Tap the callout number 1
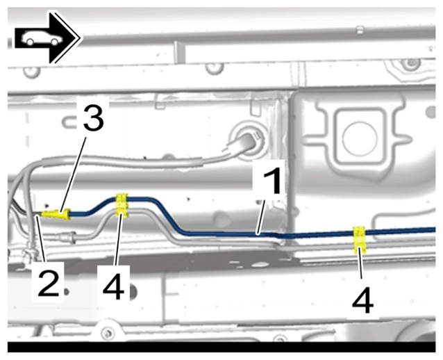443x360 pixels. coord(272,180)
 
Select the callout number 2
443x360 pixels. coord(49,282)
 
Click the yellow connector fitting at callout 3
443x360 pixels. coord(56,214)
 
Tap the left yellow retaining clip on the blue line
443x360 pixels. coord(122,206)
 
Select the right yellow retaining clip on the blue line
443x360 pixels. coord(360,240)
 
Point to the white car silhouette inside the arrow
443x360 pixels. coord(42,38)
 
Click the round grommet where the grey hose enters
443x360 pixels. coord(248,138)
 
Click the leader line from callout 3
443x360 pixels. coord(73,172)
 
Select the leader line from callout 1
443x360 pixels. coord(260,215)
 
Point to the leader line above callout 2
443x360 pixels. coord(41,238)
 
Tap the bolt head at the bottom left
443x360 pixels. coord(107,332)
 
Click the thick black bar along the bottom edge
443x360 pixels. coord(221,347)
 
